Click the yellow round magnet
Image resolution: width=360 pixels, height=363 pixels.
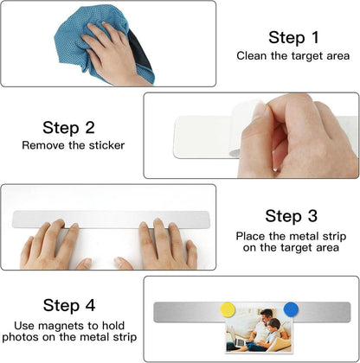click(228, 309)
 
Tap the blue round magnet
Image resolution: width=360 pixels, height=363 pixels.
click(291, 309)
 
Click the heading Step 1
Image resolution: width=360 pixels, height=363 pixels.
click(293, 37)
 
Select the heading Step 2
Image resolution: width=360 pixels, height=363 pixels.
click(68, 127)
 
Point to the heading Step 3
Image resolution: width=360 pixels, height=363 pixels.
click(291, 216)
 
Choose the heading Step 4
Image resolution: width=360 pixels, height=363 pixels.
click(69, 305)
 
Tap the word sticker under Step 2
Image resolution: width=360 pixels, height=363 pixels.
click(106, 145)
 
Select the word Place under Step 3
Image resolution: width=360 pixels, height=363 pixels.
click(250, 236)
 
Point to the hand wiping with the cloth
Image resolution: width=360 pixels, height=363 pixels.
click(115, 54)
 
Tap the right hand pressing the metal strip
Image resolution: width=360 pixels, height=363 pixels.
click(162, 245)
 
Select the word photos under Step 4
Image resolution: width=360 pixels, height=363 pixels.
click(20, 337)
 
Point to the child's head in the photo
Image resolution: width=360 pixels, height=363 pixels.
click(273, 325)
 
